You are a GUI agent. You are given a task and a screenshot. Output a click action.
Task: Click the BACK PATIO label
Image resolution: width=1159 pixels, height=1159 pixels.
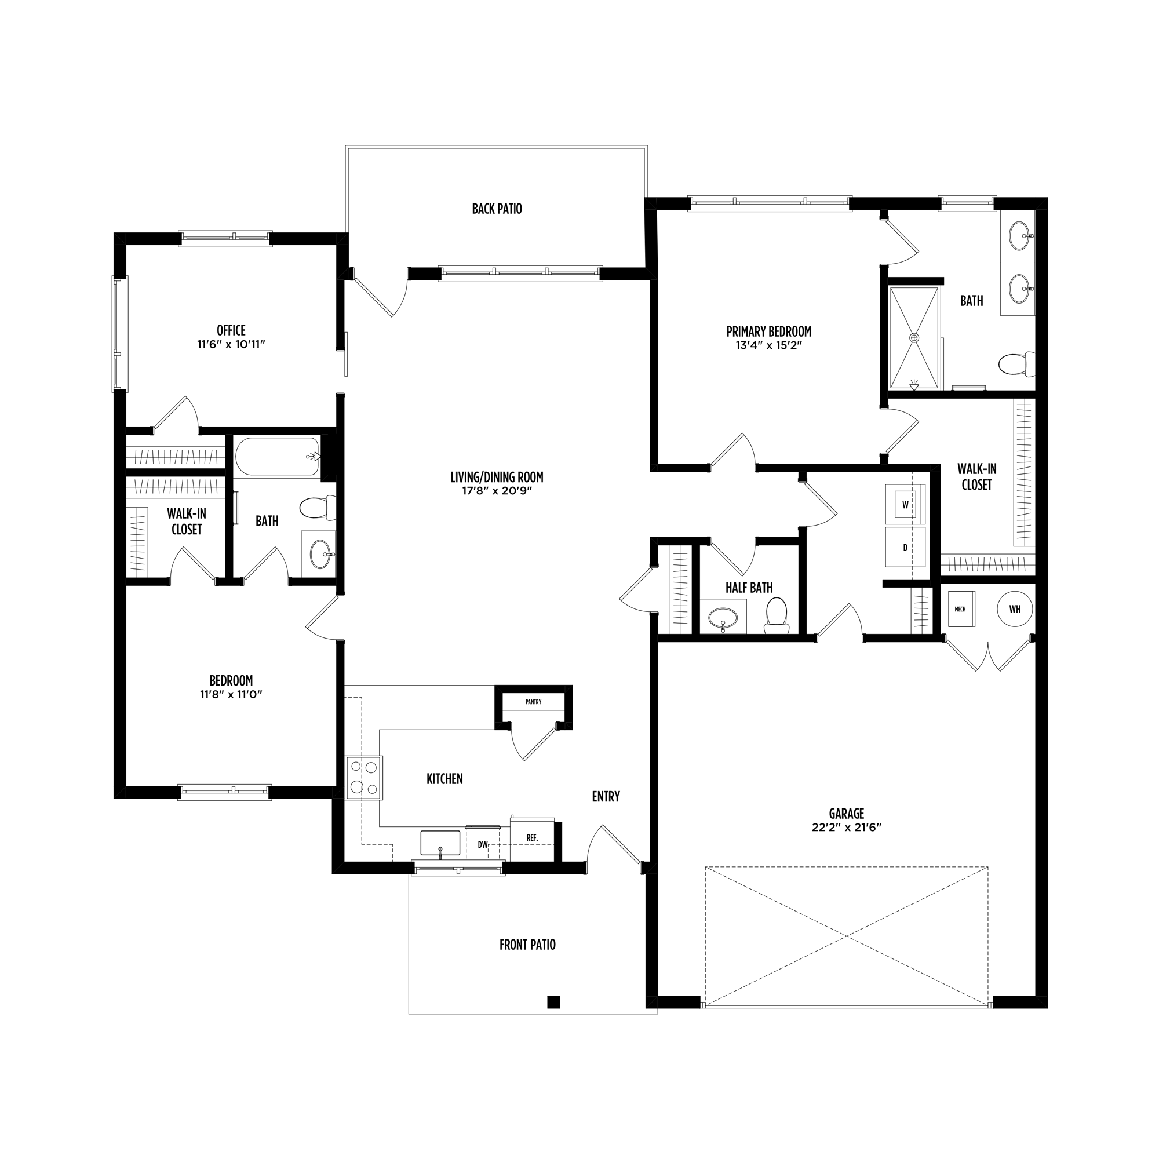[497, 209]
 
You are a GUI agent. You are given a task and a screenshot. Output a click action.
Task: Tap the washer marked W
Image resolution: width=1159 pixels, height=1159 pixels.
[905, 505]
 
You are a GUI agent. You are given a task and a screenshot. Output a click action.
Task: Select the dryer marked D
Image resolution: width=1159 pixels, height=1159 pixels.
[905, 546]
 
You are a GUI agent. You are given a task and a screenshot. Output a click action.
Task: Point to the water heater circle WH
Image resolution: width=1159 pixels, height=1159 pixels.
[1015, 609]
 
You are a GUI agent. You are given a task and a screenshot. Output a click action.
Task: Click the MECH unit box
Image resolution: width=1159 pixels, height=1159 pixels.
[961, 609]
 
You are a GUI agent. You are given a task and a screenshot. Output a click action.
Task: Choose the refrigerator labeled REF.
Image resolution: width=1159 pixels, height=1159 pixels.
[532, 838]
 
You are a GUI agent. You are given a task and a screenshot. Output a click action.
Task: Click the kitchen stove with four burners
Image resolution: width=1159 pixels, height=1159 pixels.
[364, 778]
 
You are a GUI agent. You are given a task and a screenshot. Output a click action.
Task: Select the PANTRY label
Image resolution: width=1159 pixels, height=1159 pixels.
[533, 701]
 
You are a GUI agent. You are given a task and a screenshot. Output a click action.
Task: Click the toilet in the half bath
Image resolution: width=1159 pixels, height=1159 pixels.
[777, 616]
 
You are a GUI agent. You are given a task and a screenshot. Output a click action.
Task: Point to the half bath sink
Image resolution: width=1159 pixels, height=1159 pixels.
[723, 617]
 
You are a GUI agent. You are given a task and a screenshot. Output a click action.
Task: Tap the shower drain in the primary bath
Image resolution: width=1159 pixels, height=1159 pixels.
[914, 338]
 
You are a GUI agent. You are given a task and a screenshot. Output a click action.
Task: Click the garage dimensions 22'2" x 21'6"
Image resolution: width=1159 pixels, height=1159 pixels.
[847, 828]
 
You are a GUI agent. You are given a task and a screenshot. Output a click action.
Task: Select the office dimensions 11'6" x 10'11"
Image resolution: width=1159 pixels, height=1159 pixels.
[231, 344]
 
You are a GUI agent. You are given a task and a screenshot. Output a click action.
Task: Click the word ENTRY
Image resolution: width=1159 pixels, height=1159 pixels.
[606, 797]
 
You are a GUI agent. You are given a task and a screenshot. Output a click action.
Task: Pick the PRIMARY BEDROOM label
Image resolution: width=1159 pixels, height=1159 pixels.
[768, 331]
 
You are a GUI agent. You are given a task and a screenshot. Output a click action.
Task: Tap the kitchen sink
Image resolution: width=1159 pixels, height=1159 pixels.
[440, 843]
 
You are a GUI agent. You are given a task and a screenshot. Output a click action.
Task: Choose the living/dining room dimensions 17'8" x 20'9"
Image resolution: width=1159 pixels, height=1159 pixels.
[497, 491]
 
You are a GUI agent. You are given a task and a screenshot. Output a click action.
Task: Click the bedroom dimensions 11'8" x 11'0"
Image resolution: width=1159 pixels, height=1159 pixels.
[231, 694]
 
